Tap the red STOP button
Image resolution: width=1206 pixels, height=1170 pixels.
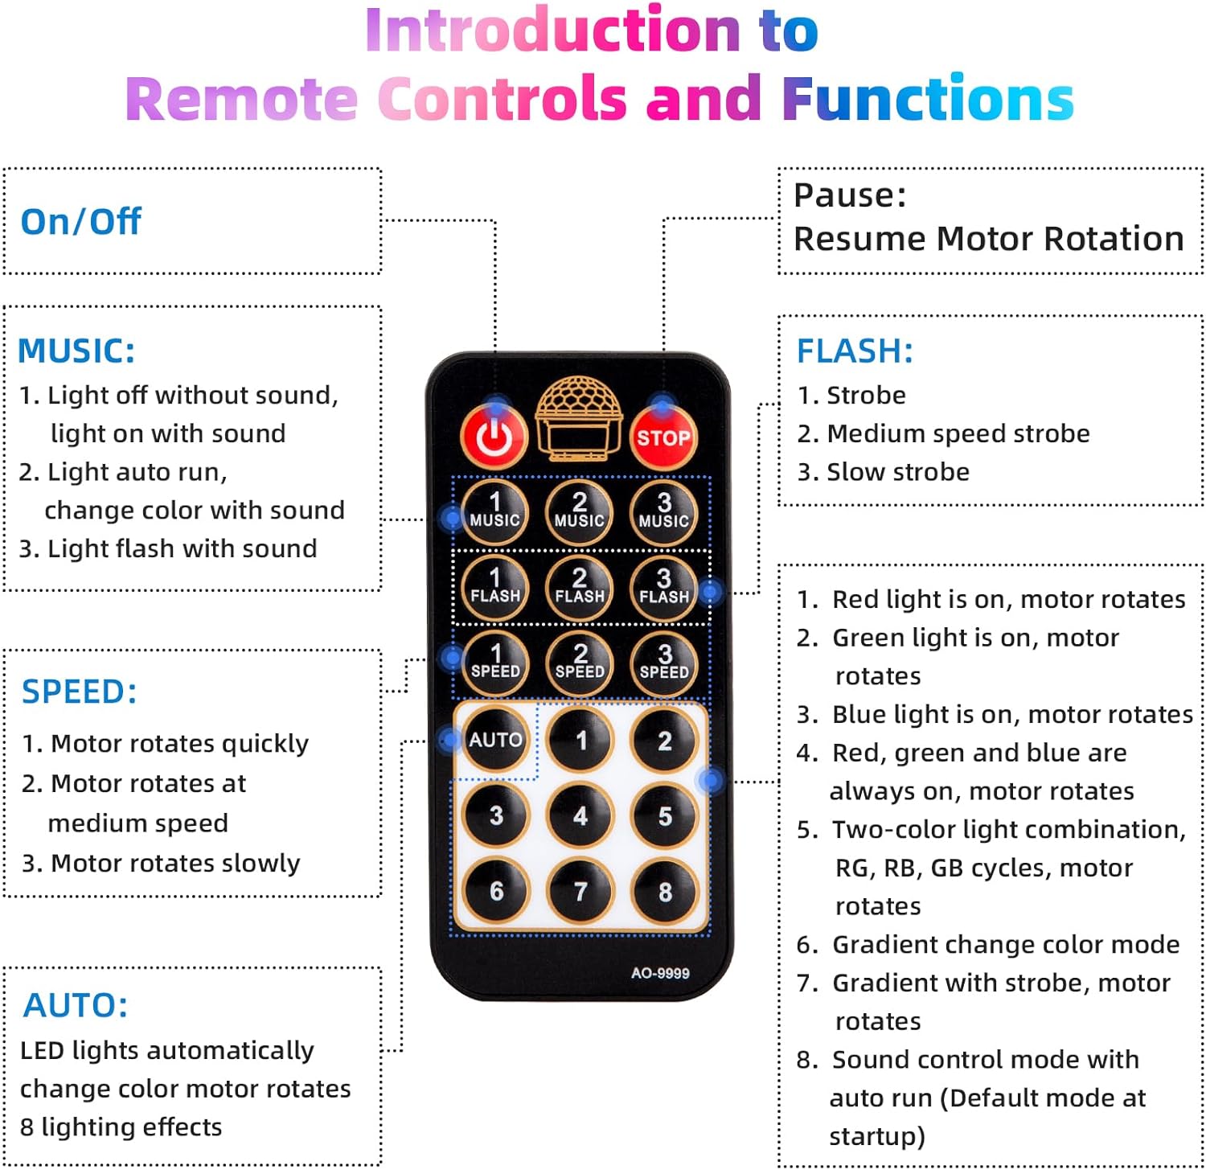[663, 437]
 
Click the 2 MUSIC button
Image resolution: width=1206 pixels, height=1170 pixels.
[579, 511]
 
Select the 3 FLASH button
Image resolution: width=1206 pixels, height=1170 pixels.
[663, 587]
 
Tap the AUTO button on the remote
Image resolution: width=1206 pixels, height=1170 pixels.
[495, 739]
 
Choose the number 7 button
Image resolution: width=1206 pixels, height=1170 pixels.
[580, 891]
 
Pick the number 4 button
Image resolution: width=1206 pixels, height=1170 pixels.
[580, 815]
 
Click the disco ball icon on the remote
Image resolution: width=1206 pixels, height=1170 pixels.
[579, 419]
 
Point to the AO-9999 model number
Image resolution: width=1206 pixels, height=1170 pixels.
[660, 973]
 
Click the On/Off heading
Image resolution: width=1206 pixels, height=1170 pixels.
[80, 222]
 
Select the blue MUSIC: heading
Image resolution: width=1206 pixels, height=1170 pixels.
[76, 351]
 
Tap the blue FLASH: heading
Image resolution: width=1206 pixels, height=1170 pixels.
[855, 351]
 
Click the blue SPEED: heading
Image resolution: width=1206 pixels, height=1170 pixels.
[79, 692]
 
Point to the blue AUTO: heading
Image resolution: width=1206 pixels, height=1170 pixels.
[76, 1005]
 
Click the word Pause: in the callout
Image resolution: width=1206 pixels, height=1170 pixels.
[850, 195]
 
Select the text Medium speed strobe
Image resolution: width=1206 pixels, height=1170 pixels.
[958, 433]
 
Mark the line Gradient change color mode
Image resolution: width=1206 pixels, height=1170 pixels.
[1005, 944]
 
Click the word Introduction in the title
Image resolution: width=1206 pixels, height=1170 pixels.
[552, 31]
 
